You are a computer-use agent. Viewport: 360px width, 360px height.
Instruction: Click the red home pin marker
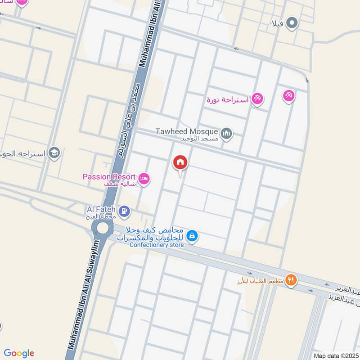180,162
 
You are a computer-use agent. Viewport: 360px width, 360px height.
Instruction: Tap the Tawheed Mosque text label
187,131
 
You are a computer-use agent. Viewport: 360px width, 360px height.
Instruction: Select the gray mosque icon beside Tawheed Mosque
226,133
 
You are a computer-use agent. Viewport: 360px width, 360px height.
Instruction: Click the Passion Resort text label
109,176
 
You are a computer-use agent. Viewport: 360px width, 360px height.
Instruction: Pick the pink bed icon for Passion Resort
144,179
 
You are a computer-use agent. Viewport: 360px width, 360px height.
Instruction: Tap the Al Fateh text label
101,209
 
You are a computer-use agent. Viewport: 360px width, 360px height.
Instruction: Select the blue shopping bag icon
192,235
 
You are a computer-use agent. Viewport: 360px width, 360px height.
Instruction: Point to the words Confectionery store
157,245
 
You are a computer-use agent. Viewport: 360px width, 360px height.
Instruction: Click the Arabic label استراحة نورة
227,99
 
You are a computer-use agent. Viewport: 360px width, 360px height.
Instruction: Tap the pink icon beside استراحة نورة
257,99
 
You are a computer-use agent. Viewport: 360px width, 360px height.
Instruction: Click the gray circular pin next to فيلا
293,22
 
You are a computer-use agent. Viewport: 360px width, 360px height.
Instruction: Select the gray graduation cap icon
55,153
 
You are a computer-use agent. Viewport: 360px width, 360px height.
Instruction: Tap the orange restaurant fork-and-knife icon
291,279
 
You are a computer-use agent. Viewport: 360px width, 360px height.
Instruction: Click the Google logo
18,353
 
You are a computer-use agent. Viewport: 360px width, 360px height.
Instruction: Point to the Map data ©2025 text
336,355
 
